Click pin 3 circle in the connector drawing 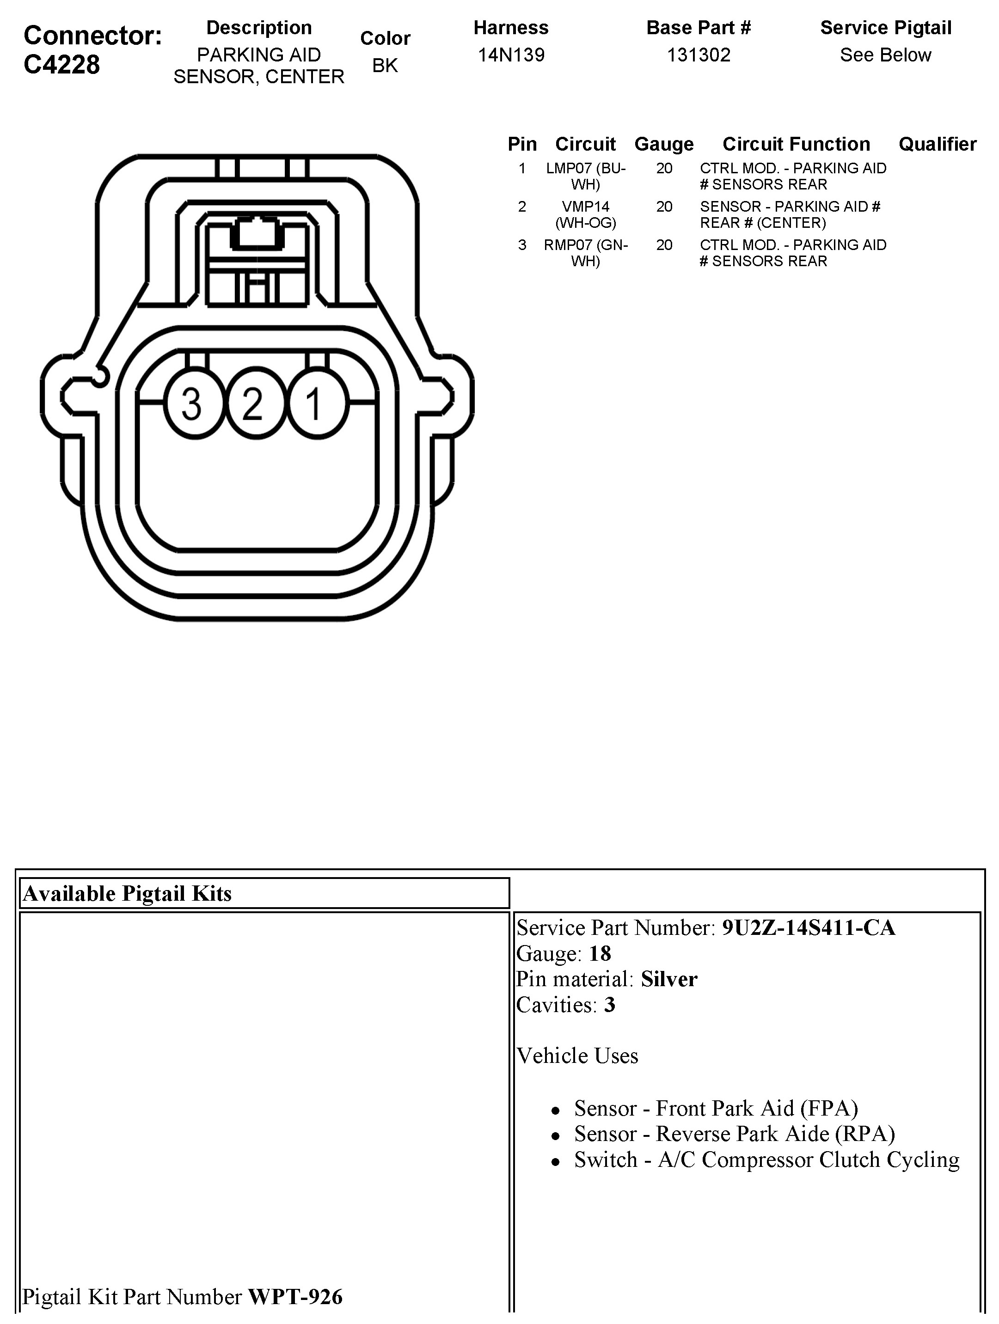tap(193, 403)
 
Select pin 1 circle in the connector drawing tap(317, 403)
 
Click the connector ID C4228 tap(61, 65)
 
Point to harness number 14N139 tap(511, 55)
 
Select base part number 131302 tap(699, 55)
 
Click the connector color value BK tap(385, 65)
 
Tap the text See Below tap(885, 55)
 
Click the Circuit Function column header tap(796, 144)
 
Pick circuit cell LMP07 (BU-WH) tap(585, 176)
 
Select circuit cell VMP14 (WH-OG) tap(585, 214)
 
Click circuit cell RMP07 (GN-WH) tap(585, 253)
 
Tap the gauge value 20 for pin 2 tap(663, 207)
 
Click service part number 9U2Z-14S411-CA tap(808, 928)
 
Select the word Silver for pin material tap(669, 979)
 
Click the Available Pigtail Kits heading tap(127, 894)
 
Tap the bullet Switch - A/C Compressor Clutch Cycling tap(766, 1160)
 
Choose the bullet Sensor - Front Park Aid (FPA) tap(716, 1109)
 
